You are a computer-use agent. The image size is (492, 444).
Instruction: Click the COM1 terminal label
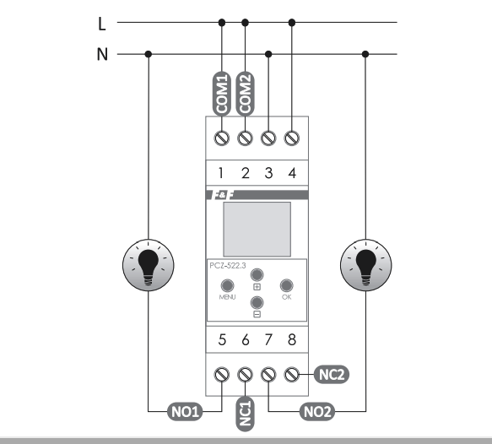221,94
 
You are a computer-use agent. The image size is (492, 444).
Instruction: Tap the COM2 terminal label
245,94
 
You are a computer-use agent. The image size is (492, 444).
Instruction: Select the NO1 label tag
185,411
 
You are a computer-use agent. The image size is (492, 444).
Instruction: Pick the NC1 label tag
245,414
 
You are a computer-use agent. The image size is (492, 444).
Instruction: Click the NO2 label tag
317,411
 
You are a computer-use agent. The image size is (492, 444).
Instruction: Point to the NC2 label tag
332,374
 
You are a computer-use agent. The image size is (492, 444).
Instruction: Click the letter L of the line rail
102,24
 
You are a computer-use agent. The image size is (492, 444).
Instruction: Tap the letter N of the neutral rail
102,54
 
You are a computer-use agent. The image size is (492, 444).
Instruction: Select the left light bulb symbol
148,265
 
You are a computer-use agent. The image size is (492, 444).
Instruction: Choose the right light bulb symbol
366,265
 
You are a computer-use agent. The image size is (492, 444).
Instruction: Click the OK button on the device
286,285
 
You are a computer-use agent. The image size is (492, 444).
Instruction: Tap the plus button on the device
257,275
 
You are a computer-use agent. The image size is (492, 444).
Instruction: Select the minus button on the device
257,302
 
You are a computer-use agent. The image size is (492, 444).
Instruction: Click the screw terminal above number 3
268,138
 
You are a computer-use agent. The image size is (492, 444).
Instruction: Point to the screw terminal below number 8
291,374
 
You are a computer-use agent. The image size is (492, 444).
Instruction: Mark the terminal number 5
222,339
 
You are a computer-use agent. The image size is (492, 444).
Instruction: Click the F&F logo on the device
222,195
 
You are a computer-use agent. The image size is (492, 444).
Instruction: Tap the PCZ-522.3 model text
228,265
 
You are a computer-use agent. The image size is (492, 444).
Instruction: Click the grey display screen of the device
257,229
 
